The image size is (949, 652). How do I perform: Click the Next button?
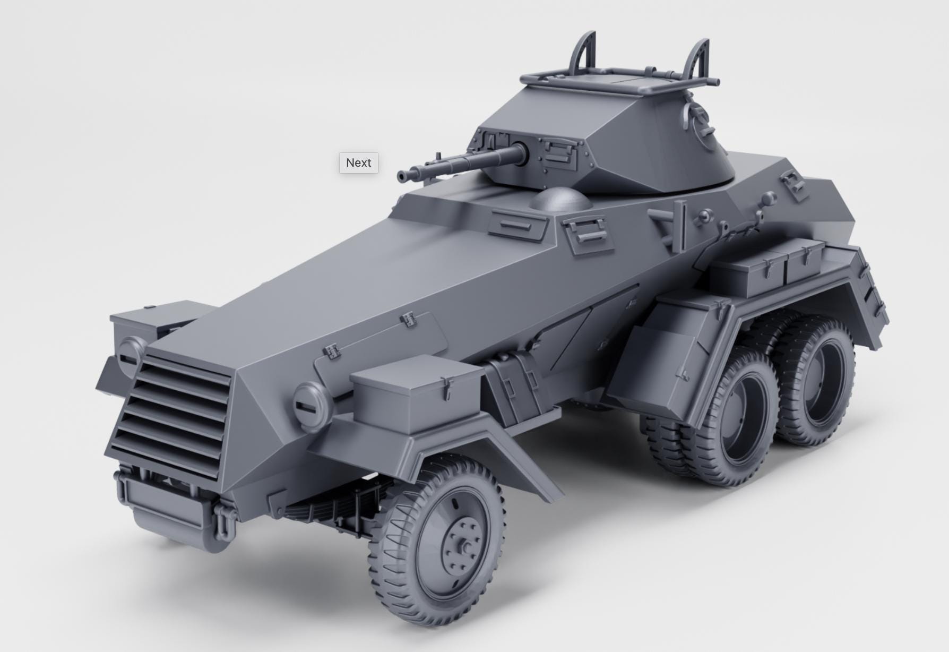[x=359, y=162]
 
